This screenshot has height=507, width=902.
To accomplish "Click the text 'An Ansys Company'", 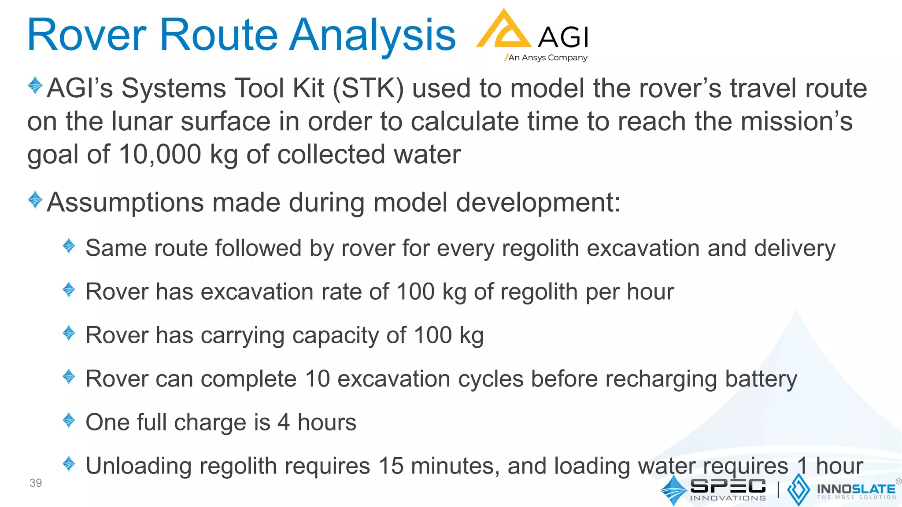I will [x=547, y=58].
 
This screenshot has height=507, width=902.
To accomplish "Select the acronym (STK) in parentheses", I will [x=368, y=88].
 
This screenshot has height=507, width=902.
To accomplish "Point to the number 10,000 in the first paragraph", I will [x=160, y=154].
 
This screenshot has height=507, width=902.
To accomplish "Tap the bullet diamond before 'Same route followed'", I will [x=69, y=246].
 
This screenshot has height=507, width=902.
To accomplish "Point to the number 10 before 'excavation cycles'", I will [x=318, y=379].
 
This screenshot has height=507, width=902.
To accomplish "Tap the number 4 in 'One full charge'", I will [x=283, y=422].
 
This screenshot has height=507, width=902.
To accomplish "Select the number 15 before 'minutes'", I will [x=391, y=466].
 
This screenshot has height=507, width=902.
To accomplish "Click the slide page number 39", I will [x=36, y=483].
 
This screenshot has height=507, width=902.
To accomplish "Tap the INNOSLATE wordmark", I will [x=856, y=489].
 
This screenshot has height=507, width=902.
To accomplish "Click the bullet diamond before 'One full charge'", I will [x=69, y=420].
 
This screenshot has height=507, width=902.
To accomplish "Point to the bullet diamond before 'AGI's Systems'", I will [x=35, y=85].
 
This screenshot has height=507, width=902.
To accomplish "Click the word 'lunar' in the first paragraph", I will [x=141, y=121].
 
